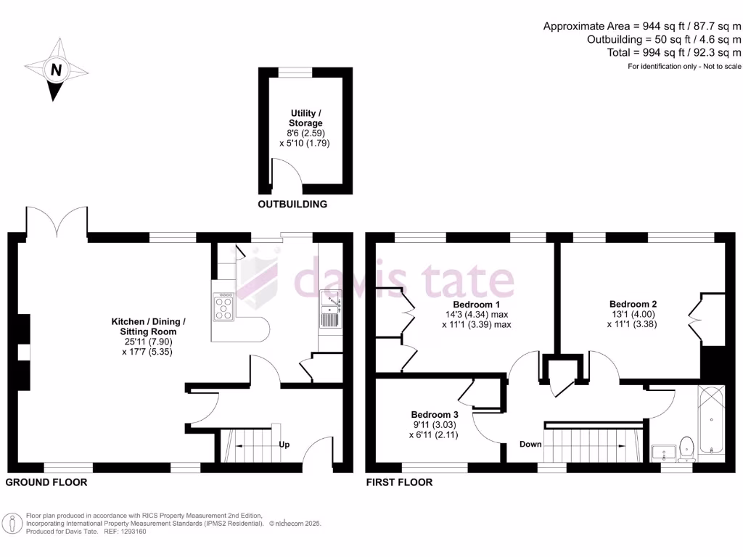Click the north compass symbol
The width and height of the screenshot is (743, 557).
click(55, 71)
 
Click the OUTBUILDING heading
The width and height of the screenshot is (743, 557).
click(292, 205)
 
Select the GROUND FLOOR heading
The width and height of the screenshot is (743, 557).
click(46, 482)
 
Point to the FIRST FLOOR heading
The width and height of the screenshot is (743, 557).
click(399, 482)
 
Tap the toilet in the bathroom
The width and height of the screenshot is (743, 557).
click(687, 448)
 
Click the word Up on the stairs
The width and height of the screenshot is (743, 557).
click(284, 445)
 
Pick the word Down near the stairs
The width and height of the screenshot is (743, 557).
click(530, 445)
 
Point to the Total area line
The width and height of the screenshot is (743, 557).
click(674, 53)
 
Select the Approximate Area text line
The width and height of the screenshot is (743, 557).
click(642, 26)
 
